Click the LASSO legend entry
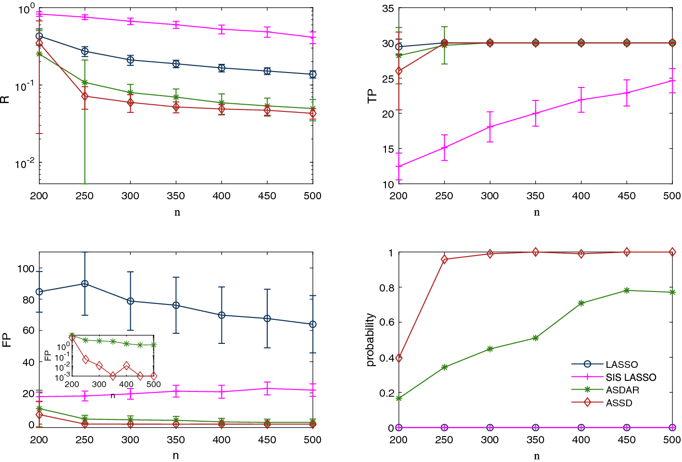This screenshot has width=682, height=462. point(621,365)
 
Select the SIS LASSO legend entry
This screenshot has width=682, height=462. point(631,377)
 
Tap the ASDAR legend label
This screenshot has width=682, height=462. point(622,390)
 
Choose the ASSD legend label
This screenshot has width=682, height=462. point(619,403)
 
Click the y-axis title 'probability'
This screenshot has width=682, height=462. point(370,340)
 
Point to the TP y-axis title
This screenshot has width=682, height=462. point(372,96)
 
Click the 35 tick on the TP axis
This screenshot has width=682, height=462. point(388,9)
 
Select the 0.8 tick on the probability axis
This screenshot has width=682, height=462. point(387,288)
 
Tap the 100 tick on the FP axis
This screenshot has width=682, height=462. point(26,268)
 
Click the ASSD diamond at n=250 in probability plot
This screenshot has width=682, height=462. point(444,259)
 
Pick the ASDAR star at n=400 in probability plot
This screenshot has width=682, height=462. point(581,303)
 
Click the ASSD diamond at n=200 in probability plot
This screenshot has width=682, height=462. point(398,358)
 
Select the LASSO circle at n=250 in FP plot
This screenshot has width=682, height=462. point(85,284)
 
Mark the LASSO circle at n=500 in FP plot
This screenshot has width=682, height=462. point(313,325)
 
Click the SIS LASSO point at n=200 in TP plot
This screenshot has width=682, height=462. point(398,167)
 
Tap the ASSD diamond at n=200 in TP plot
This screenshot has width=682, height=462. point(398,71)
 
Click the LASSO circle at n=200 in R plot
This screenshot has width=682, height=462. point(39,36)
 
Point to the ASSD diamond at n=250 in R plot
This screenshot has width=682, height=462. point(85,96)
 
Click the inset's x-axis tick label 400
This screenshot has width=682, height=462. point(126,384)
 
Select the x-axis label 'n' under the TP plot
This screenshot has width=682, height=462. point(536,212)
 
